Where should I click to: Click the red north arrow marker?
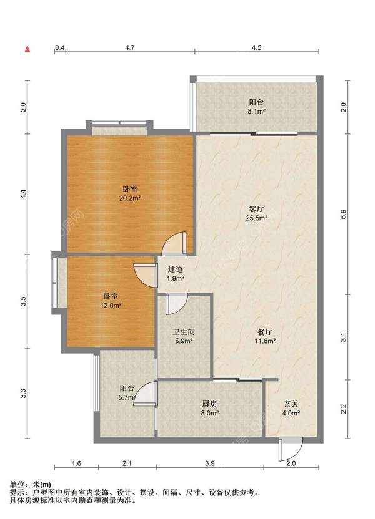coord(28,49)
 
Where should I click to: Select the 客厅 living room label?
coord(256,209)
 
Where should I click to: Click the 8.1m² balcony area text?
coord(257,112)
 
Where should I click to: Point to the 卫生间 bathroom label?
coord(184,332)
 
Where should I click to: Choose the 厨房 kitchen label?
coord(209,404)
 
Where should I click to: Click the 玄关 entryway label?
coord(291,404)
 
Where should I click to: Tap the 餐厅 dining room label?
coord(265,332)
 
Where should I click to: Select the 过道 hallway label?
coord(175,269)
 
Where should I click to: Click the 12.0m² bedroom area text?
coord(111,305)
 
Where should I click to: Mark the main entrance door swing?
coord(291,449)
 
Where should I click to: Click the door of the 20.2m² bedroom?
coord(174,244)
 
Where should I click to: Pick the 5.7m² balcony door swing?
coord(145,394)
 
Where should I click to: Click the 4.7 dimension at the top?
coord(130,47)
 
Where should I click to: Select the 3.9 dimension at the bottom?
coord(210,463)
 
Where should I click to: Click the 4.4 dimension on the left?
coord(23,194)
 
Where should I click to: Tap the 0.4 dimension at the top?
coord(60,47)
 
